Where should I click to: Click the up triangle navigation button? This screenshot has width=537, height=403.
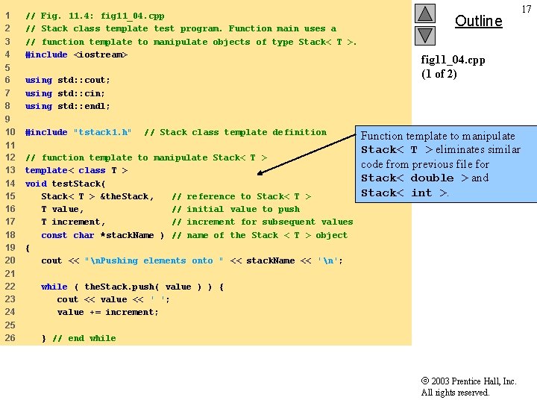424,13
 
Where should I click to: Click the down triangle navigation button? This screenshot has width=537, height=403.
424,34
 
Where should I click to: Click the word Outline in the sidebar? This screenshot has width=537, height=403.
478,21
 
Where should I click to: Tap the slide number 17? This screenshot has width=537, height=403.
527,9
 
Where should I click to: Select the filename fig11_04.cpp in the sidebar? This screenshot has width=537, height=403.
453,59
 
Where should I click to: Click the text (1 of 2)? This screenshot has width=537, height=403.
439,73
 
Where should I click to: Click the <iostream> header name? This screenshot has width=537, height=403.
100,54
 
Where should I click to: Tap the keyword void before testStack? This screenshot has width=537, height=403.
36,184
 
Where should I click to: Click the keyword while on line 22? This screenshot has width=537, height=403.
54,287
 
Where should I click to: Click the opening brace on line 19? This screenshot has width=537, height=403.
28,248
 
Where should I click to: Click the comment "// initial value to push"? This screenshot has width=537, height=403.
236,209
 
